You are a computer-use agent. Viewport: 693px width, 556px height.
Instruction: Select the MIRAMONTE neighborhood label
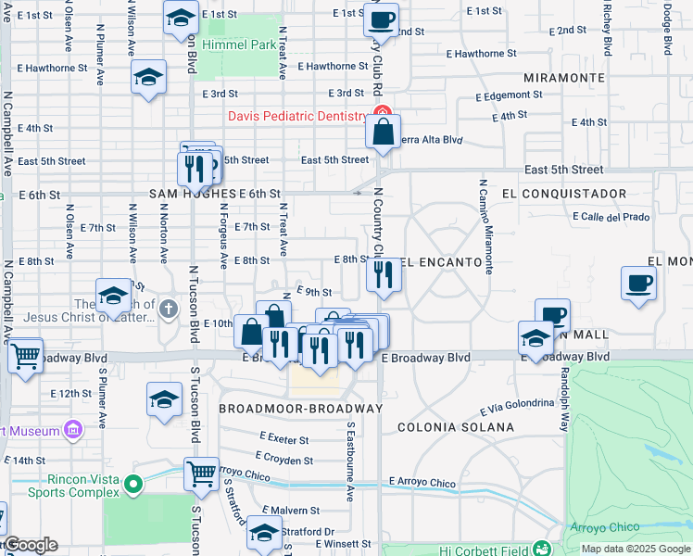click(x=558, y=78)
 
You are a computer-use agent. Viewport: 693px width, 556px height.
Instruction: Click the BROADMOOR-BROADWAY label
click(x=300, y=409)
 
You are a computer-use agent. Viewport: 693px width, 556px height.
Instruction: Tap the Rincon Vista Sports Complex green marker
click(x=134, y=484)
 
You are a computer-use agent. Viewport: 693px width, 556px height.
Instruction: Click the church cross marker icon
click(x=168, y=309)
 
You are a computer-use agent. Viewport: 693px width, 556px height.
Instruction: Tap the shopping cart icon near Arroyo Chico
click(x=201, y=474)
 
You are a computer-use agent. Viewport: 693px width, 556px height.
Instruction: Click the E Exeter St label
click(x=284, y=436)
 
